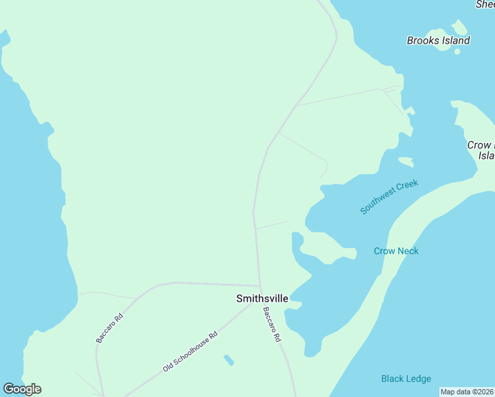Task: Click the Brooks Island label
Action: [x=438, y=40]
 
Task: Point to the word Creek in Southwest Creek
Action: [x=408, y=186]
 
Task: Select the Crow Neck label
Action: [x=396, y=251]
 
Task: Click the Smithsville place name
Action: [x=262, y=298]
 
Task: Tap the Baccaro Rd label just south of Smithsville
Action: [x=271, y=324]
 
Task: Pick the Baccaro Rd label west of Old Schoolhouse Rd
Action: [x=110, y=328]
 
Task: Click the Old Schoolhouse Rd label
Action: [x=191, y=351]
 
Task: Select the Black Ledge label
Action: [x=406, y=378]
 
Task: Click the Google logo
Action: [x=22, y=389]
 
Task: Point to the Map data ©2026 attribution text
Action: [x=467, y=392]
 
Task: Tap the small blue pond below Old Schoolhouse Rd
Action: [x=228, y=360]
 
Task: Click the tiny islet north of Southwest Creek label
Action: [x=406, y=161]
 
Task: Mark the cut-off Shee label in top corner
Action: [x=485, y=5]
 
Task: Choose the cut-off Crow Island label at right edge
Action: [x=481, y=150]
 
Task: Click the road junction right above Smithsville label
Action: [x=259, y=287]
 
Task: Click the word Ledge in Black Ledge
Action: [x=418, y=378]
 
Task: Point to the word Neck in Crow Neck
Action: [x=408, y=251]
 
